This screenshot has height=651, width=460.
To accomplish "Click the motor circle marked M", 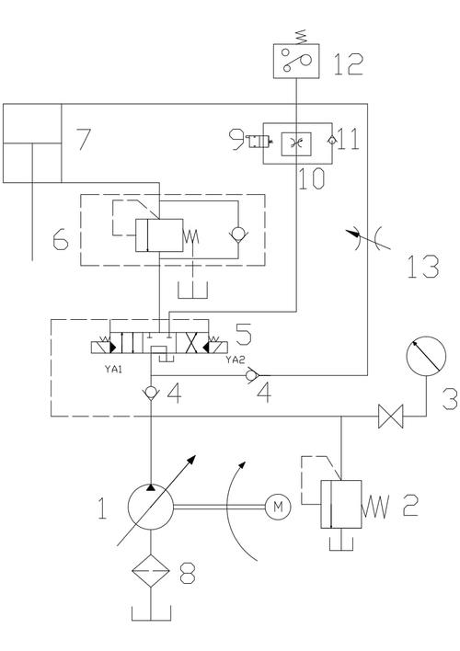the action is [x=278, y=507].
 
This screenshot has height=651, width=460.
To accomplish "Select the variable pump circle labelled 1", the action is [x=151, y=507].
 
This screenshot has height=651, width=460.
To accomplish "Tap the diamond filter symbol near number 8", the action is [x=151, y=571].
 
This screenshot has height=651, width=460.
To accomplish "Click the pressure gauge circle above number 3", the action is [x=426, y=356].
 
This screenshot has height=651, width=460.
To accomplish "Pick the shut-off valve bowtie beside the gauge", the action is [x=391, y=416].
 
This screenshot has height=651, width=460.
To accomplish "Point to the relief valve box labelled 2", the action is [x=340, y=504].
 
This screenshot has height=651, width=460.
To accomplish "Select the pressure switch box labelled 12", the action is [x=296, y=61].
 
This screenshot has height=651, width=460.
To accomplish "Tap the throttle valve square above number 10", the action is [x=296, y=143].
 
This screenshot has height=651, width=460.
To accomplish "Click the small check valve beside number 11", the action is [x=331, y=141].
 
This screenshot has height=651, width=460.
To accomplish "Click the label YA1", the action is [x=113, y=369].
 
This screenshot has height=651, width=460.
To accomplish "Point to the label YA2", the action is [x=235, y=360].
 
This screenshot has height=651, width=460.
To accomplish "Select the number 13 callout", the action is [x=422, y=266].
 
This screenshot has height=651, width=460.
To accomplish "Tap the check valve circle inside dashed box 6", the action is [x=238, y=236].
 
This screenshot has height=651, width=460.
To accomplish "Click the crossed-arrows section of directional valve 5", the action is [x=192, y=343].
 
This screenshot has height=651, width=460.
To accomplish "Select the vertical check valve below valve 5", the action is [x=151, y=393].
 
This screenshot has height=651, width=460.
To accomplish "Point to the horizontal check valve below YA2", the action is [x=252, y=375].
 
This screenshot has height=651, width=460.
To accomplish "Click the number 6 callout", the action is [x=60, y=240].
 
